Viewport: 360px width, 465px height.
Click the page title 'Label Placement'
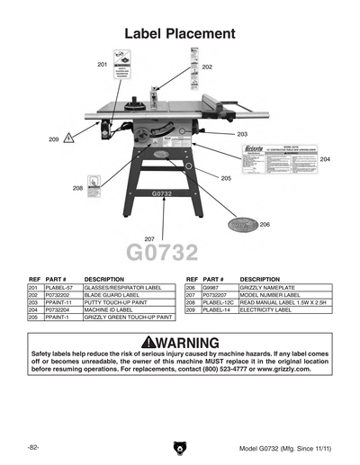tap(180, 33)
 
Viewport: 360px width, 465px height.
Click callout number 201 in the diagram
tap(102, 65)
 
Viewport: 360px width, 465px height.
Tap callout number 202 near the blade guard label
tap(207, 67)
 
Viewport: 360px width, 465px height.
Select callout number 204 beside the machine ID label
tap(325, 159)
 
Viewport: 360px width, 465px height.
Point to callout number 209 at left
tap(54, 139)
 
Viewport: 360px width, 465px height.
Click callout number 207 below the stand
tap(149, 238)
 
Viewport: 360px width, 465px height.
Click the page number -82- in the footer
tap(32, 447)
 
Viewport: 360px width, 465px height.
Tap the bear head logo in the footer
tap(179, 447)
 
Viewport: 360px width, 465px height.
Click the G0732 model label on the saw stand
tap(162, 193)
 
